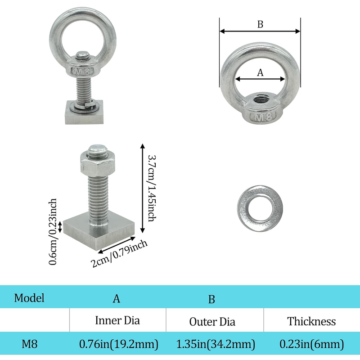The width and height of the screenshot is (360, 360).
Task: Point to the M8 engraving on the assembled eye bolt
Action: (x=83, y=72)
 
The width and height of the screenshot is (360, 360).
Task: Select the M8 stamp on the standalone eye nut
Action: (x=262, y=117)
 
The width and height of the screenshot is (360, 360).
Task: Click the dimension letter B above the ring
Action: (x=260, y=24)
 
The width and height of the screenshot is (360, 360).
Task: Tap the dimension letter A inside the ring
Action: (x=260, y=72)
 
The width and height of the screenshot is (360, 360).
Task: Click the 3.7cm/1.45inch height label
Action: (x=152, y=188)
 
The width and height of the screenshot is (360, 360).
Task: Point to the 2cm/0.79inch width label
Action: (x=119, y=253)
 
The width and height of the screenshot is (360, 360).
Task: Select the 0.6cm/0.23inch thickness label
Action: (x=53, y=231)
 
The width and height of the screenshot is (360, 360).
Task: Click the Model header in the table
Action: (x=29, y=298)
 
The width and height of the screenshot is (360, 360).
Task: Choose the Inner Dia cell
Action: (x=117, y=320)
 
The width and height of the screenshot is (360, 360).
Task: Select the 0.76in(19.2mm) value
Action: (x=119, y=344)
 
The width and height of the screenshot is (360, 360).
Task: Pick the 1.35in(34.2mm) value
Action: (x=216, y=344)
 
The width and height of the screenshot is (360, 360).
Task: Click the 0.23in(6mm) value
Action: (x=311, y=344)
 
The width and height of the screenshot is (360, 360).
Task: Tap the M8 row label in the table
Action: (x=29, y=344)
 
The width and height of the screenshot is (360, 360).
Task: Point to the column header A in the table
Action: (x=117, y=299)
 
